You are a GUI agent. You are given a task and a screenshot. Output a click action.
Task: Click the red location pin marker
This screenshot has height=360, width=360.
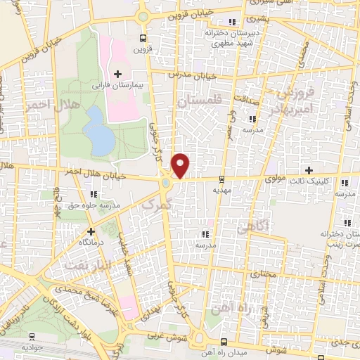pyautogui.click(x=181, y=166)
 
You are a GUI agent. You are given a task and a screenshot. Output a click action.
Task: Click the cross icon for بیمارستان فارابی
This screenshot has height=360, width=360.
pyautogui.click(x=117, y=74)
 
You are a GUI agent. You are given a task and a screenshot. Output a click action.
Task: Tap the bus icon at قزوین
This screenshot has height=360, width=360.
pyautogui.click(x=143, y=39)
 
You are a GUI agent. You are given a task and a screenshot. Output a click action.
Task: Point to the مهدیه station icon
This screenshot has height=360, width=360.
pyautogui.click(x=222, y=179)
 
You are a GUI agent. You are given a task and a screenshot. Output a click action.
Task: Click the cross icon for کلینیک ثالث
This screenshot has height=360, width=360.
pyautogui.click(x=309, y=170)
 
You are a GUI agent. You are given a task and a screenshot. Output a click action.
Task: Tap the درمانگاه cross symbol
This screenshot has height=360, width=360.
pyautogui.click(x=90, y=231)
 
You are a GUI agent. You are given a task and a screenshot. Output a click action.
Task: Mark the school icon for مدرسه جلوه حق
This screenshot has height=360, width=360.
pyautogui.click(x=94, y=194)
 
